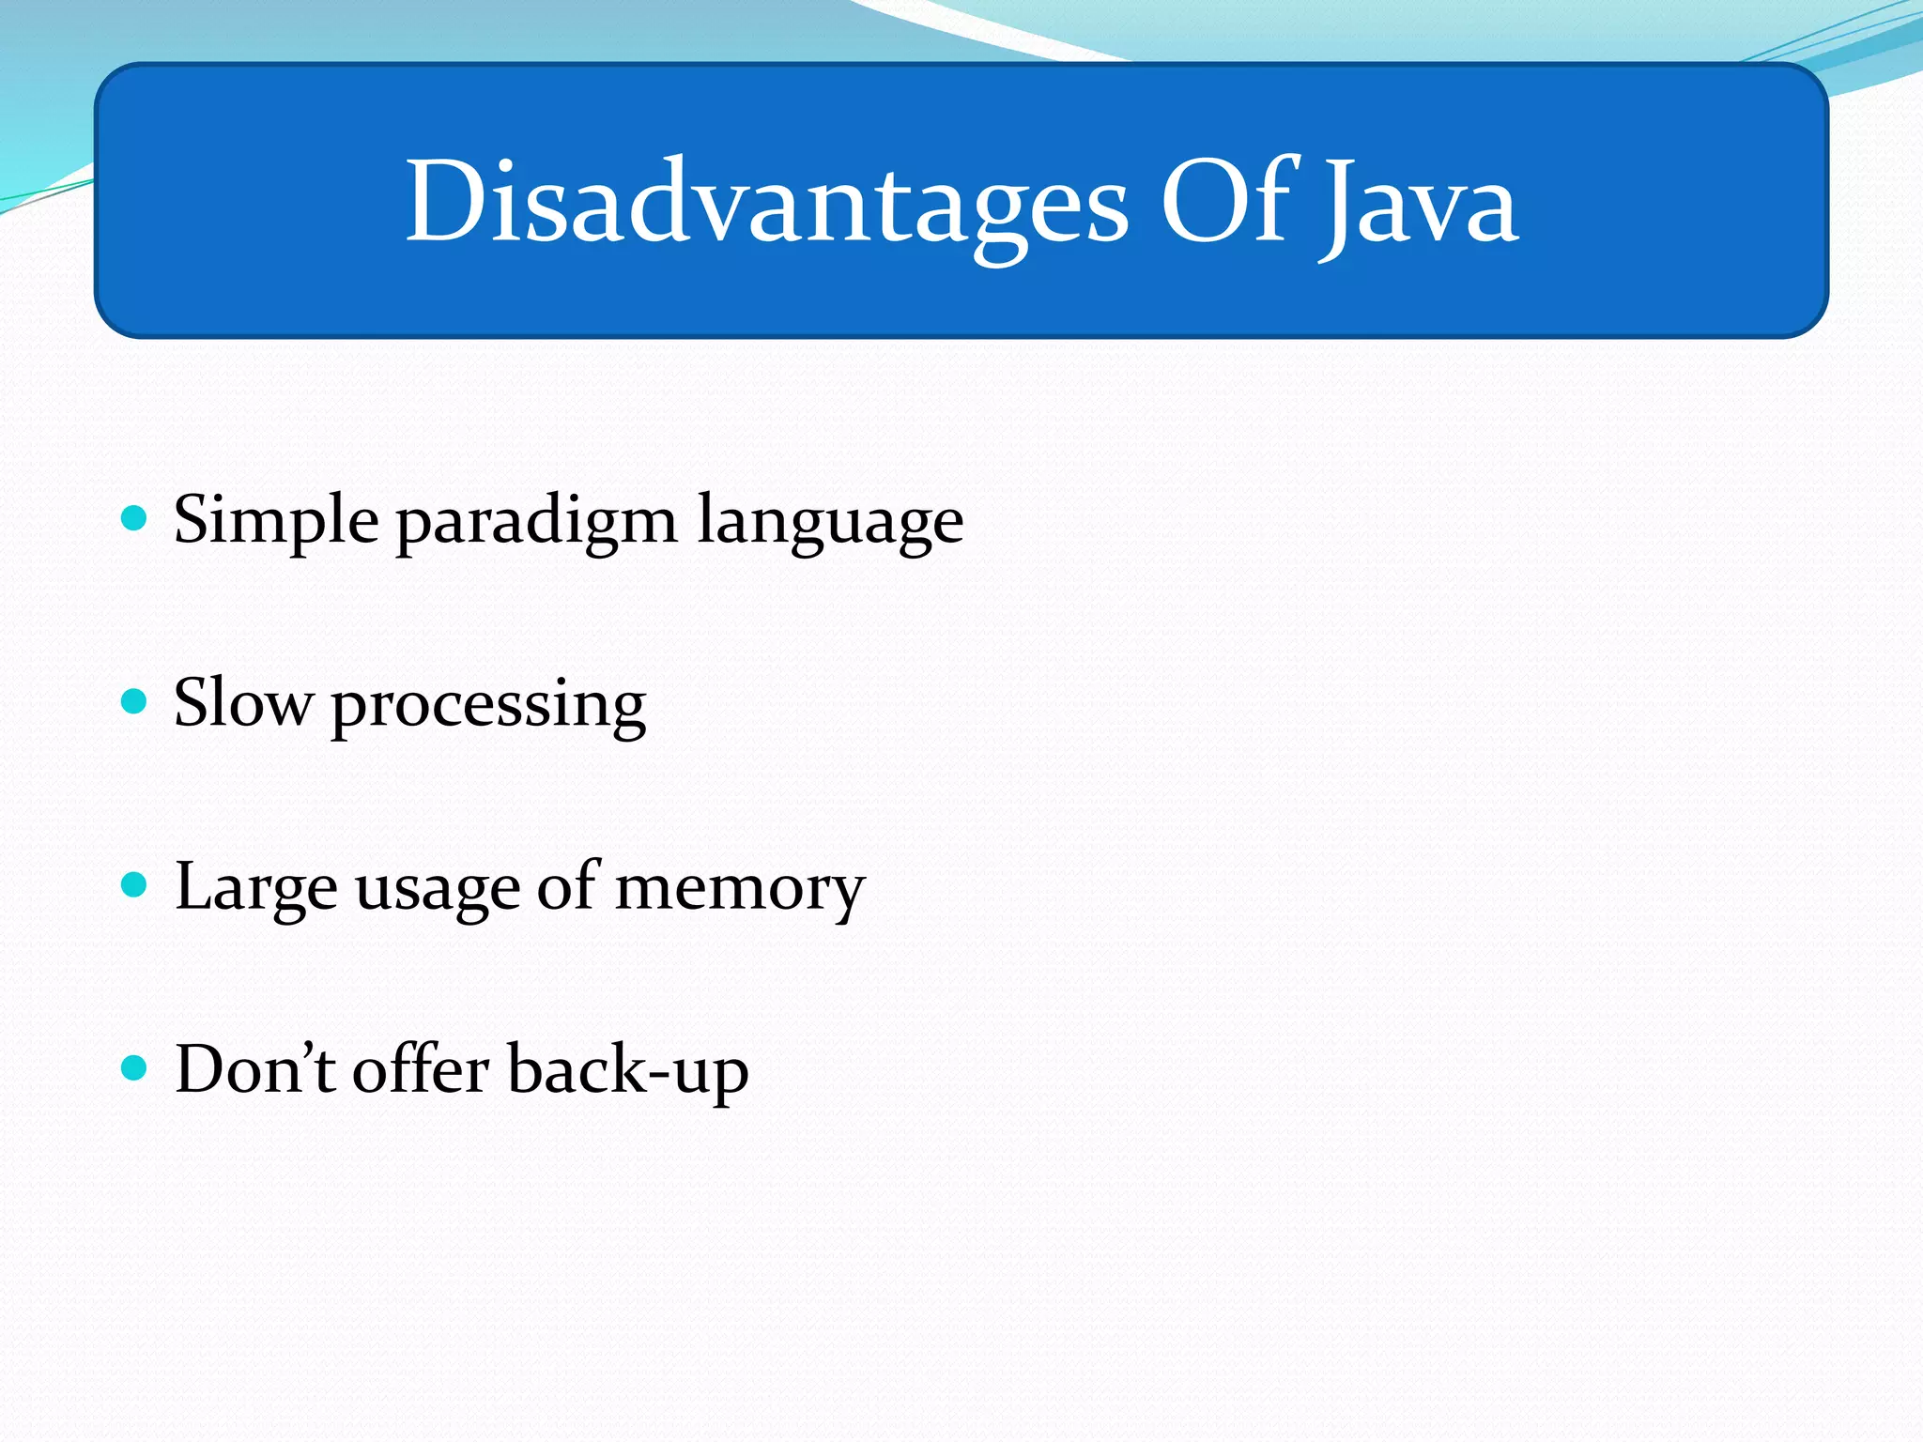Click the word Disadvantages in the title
pyautogui.click(x=765, y=203)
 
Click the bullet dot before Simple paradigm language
pyautogui.click(x=135, y=518)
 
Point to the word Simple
pyautogui.click(x=276, y=520)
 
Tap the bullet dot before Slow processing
pyautogui.click(x=135, y=701)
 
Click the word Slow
pyautogui.click(x=243, y=703)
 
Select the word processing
pyautogui.click(x=488, y=707)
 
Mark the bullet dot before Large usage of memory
pyautogui.click(x=135, y=884)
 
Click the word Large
pyautogui.click(x=255, y=888)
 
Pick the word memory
pyautogui.click(x=739, y=890)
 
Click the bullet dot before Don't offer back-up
pyautogui.click(x=135, y=1067)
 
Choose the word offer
pyautogui.click(x=420, y=1069)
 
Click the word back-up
pyautogui.click(x=627, y=1071)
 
